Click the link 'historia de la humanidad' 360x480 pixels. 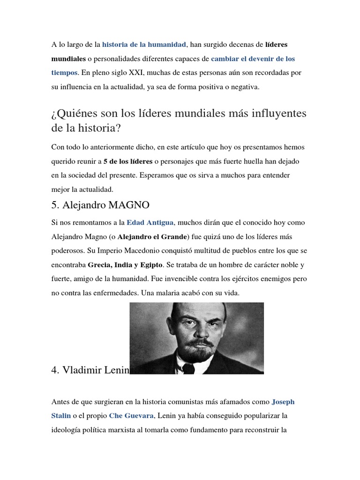click(x=144, y=45)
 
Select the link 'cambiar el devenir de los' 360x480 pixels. click(x=253, y=59)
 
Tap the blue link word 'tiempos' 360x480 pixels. click(x=64, y=73)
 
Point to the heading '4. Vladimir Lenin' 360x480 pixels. click(x=90, y=370)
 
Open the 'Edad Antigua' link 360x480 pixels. click(x=150, y=222)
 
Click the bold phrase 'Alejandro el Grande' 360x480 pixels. click(x=152, y=236)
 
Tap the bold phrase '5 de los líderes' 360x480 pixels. click(x=127, y=161)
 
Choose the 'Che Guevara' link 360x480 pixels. click(x=131, y=415)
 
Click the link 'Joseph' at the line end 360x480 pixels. click(x=283, y=402)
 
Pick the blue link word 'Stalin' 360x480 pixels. click(x=61, y=415)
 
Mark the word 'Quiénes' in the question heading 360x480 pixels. click(x=71, y=114)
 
